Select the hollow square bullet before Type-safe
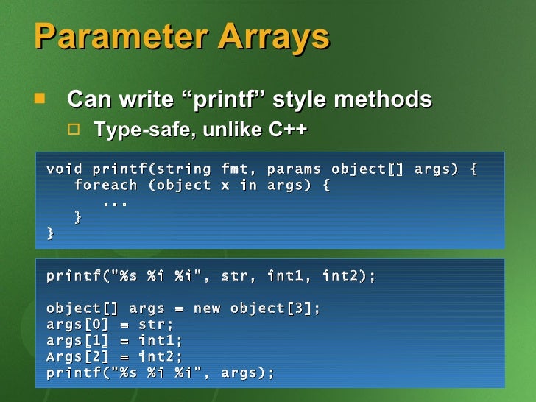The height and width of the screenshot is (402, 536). pyautogui.click(x=73, y=130)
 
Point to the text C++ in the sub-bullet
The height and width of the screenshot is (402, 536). pyautogui.click(x=287, y=130)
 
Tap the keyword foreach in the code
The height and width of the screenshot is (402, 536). pyautogui.click(x=105, y=186)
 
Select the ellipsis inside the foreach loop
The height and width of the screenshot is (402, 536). pyautogui.click(x=115, y=202)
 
